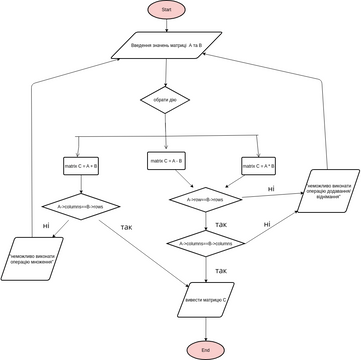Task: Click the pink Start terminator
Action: [166, 9]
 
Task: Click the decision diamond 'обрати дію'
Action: [166, 102]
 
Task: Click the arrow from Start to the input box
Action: [166, 25]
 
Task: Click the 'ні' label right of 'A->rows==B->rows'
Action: [270, 188]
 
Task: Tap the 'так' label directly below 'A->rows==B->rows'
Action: [219, 224]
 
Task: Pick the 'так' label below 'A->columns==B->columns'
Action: [220, 271]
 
